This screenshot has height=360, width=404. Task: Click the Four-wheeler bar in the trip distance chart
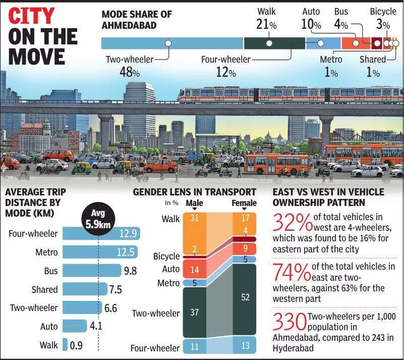101,234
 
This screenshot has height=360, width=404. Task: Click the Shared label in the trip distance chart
45,289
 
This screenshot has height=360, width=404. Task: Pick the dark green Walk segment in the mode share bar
268,43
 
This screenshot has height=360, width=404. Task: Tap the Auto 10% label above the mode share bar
311,18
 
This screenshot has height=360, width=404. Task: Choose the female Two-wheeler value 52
245,297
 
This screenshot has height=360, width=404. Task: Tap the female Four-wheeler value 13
245,346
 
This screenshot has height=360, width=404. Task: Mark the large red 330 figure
290,322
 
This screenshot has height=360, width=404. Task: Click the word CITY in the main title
31,16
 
